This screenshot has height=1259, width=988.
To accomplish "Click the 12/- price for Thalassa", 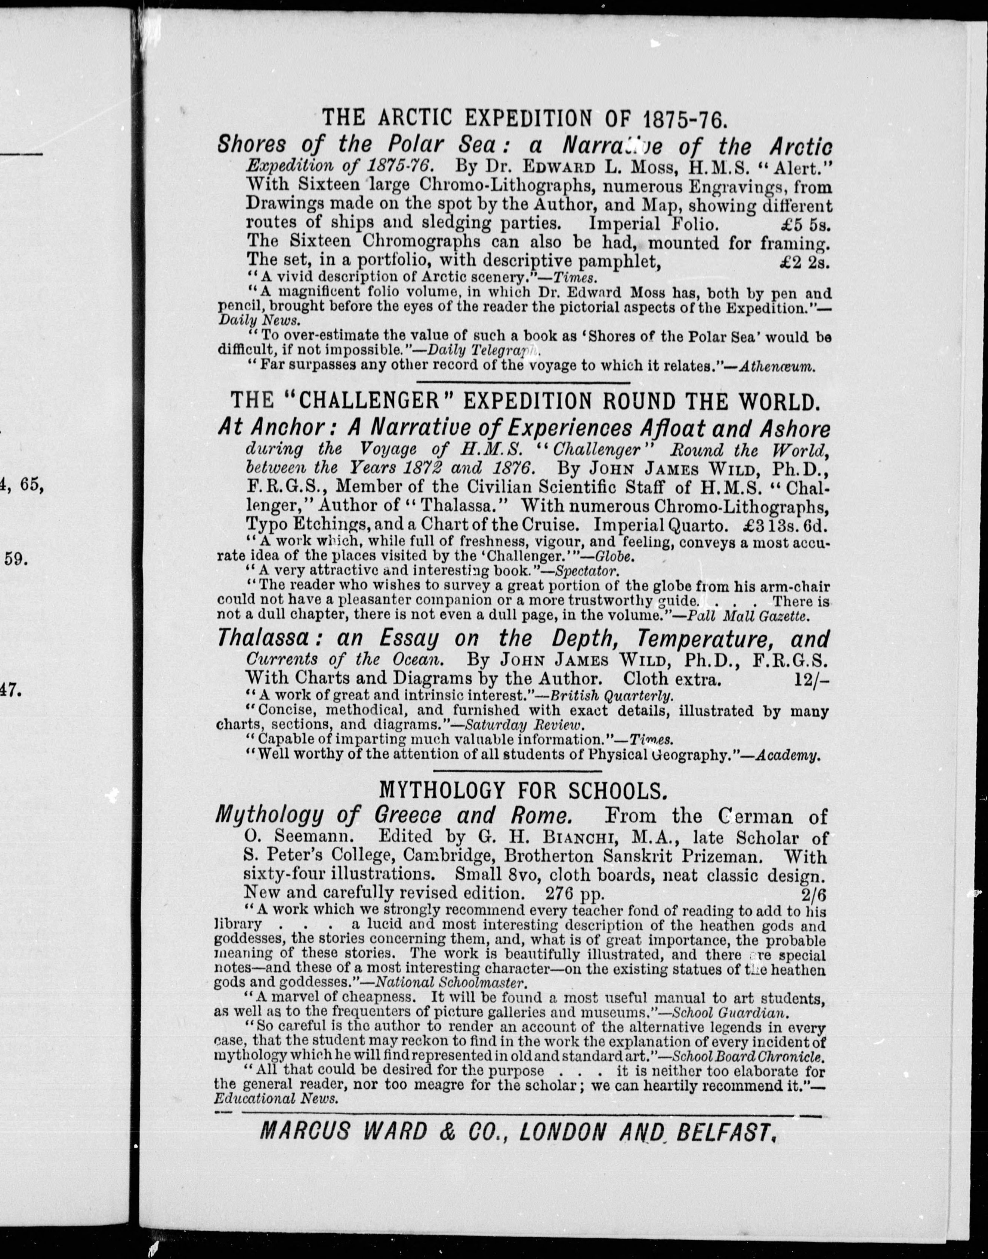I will pos(812,681).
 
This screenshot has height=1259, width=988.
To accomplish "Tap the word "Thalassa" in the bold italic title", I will pos(262,639).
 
